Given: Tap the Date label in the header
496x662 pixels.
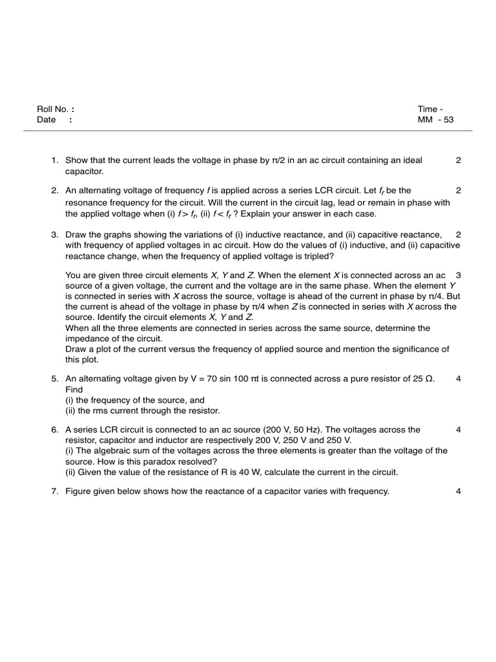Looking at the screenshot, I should (46, 120).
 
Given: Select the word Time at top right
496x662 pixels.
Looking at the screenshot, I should (427, 109).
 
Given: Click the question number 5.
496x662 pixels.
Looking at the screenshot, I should (55, 379).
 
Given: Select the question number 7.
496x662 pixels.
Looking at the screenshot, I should (55, 491).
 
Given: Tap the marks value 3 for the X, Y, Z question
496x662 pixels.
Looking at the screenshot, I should (458, 275).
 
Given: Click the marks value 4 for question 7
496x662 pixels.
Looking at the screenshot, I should (458, 491).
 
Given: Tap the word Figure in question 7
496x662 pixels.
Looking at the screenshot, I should (79, 491).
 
